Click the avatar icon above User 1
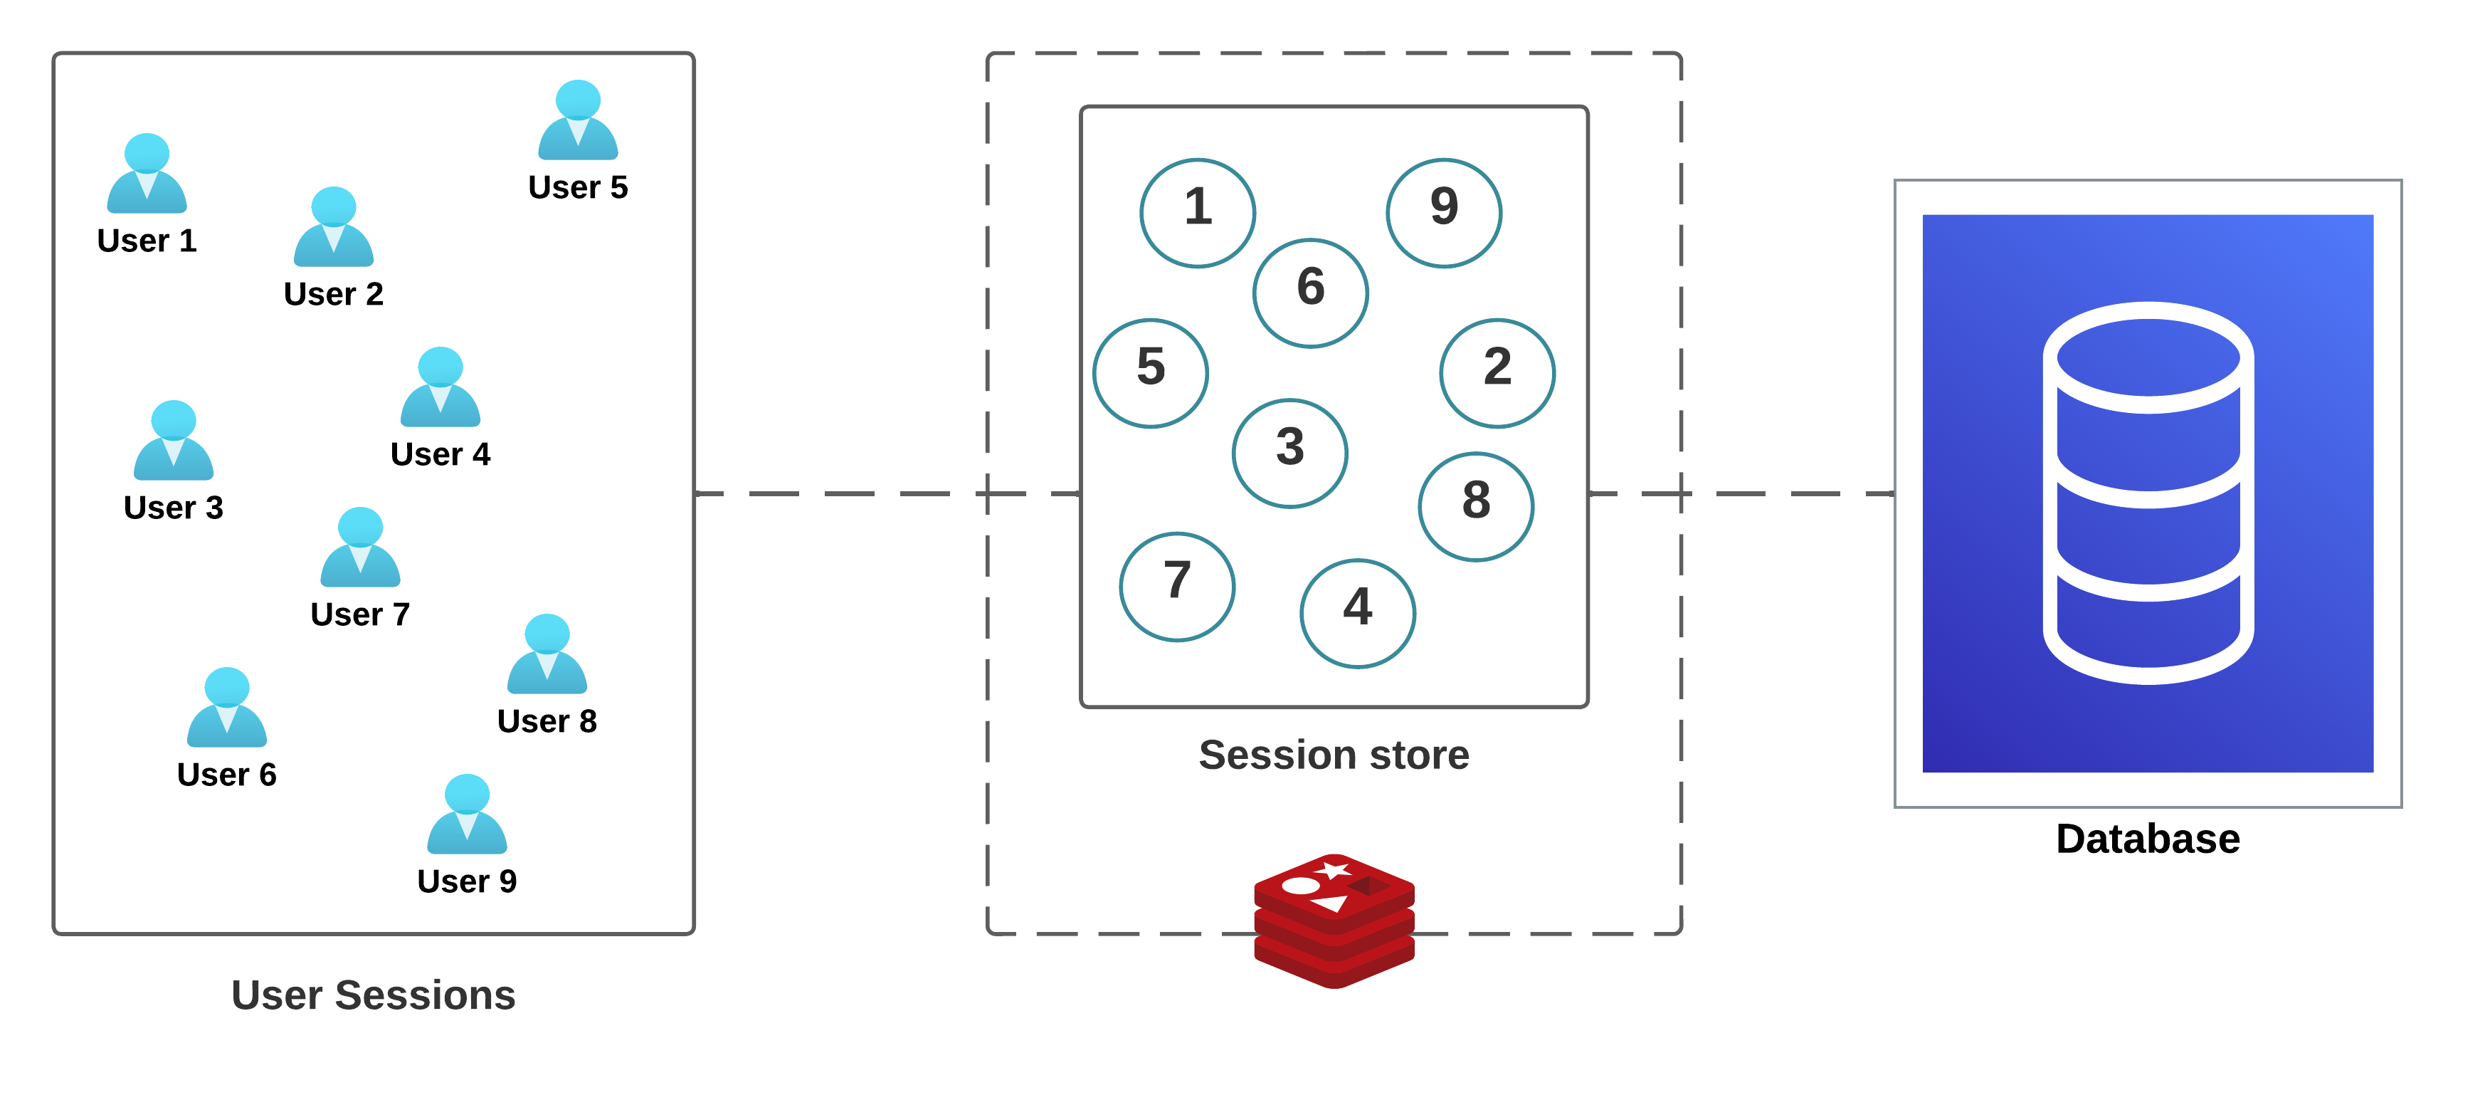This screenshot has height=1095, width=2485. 147,174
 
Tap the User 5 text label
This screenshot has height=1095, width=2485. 578,187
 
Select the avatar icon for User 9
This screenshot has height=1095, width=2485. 467,814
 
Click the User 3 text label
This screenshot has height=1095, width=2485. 174,508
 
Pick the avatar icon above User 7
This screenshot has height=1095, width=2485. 360,548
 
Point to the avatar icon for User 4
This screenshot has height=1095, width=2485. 440,388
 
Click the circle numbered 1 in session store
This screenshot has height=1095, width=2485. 1197,212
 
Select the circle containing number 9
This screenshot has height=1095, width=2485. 1443,212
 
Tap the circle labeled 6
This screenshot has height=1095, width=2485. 1310,293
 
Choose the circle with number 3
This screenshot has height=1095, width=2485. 1289,453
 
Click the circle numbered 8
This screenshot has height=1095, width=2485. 1476,505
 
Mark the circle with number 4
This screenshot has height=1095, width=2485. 1357,612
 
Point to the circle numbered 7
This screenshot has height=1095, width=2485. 1177,586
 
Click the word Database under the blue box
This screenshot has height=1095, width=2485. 2148,839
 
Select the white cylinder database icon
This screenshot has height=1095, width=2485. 2148,493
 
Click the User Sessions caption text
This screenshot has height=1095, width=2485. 374,995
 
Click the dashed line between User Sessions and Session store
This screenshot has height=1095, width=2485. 839,494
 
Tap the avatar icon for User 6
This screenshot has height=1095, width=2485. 227,708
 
